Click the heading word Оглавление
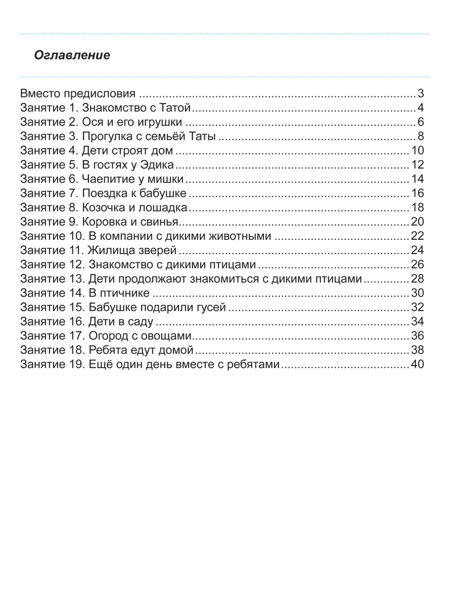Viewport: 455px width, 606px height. tap(72, 56)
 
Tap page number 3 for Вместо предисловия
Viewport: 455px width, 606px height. tap(421, 93)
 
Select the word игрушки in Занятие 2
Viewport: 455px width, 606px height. tap(162, 122)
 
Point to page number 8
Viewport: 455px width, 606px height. tap(421, 136)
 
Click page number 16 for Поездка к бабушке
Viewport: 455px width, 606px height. tap(417, 193)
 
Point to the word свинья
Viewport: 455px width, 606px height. tap(162, 222)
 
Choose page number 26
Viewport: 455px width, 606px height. tap(417, 264)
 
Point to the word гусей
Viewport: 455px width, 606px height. tap(212, 307)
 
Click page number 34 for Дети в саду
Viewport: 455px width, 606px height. tap(417, 321)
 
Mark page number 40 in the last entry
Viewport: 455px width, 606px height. tap(417, 364)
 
